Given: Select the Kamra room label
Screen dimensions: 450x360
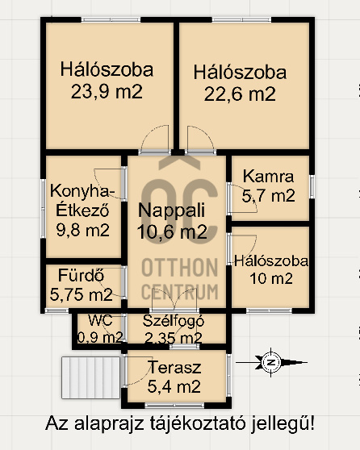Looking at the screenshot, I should pos(268,176).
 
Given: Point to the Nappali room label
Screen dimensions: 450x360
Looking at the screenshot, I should pos(171,211).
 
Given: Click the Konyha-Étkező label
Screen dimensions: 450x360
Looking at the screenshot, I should pos(83,201).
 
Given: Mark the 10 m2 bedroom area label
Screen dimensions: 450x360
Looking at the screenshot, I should pos(271,279).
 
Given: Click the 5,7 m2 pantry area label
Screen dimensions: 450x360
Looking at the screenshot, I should pos(269,194).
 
